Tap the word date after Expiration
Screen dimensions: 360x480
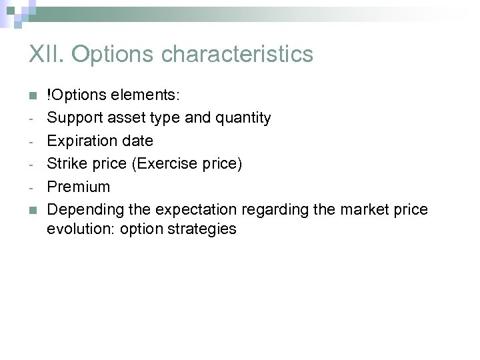point(137,141)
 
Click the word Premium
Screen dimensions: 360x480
point(78,187)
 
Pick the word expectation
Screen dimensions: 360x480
point(196,209)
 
